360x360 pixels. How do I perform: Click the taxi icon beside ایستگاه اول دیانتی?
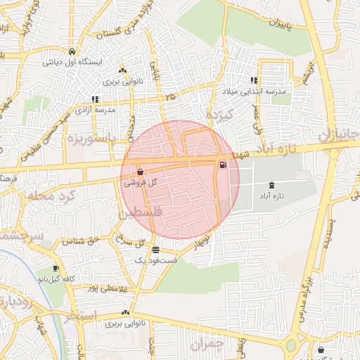click(72, 51)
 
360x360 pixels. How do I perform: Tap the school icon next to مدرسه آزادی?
click(95, 100)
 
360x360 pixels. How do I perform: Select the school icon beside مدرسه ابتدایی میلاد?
click(253, 81)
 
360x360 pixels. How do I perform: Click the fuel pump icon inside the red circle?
click(223, 166)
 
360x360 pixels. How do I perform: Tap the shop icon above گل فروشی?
click(141, 172)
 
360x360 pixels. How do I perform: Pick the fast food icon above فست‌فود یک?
click(155, 250)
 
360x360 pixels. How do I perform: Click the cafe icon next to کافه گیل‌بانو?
click(56, 269)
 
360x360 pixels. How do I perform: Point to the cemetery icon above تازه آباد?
click(271, 185)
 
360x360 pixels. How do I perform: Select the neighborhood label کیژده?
click(219, 112)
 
